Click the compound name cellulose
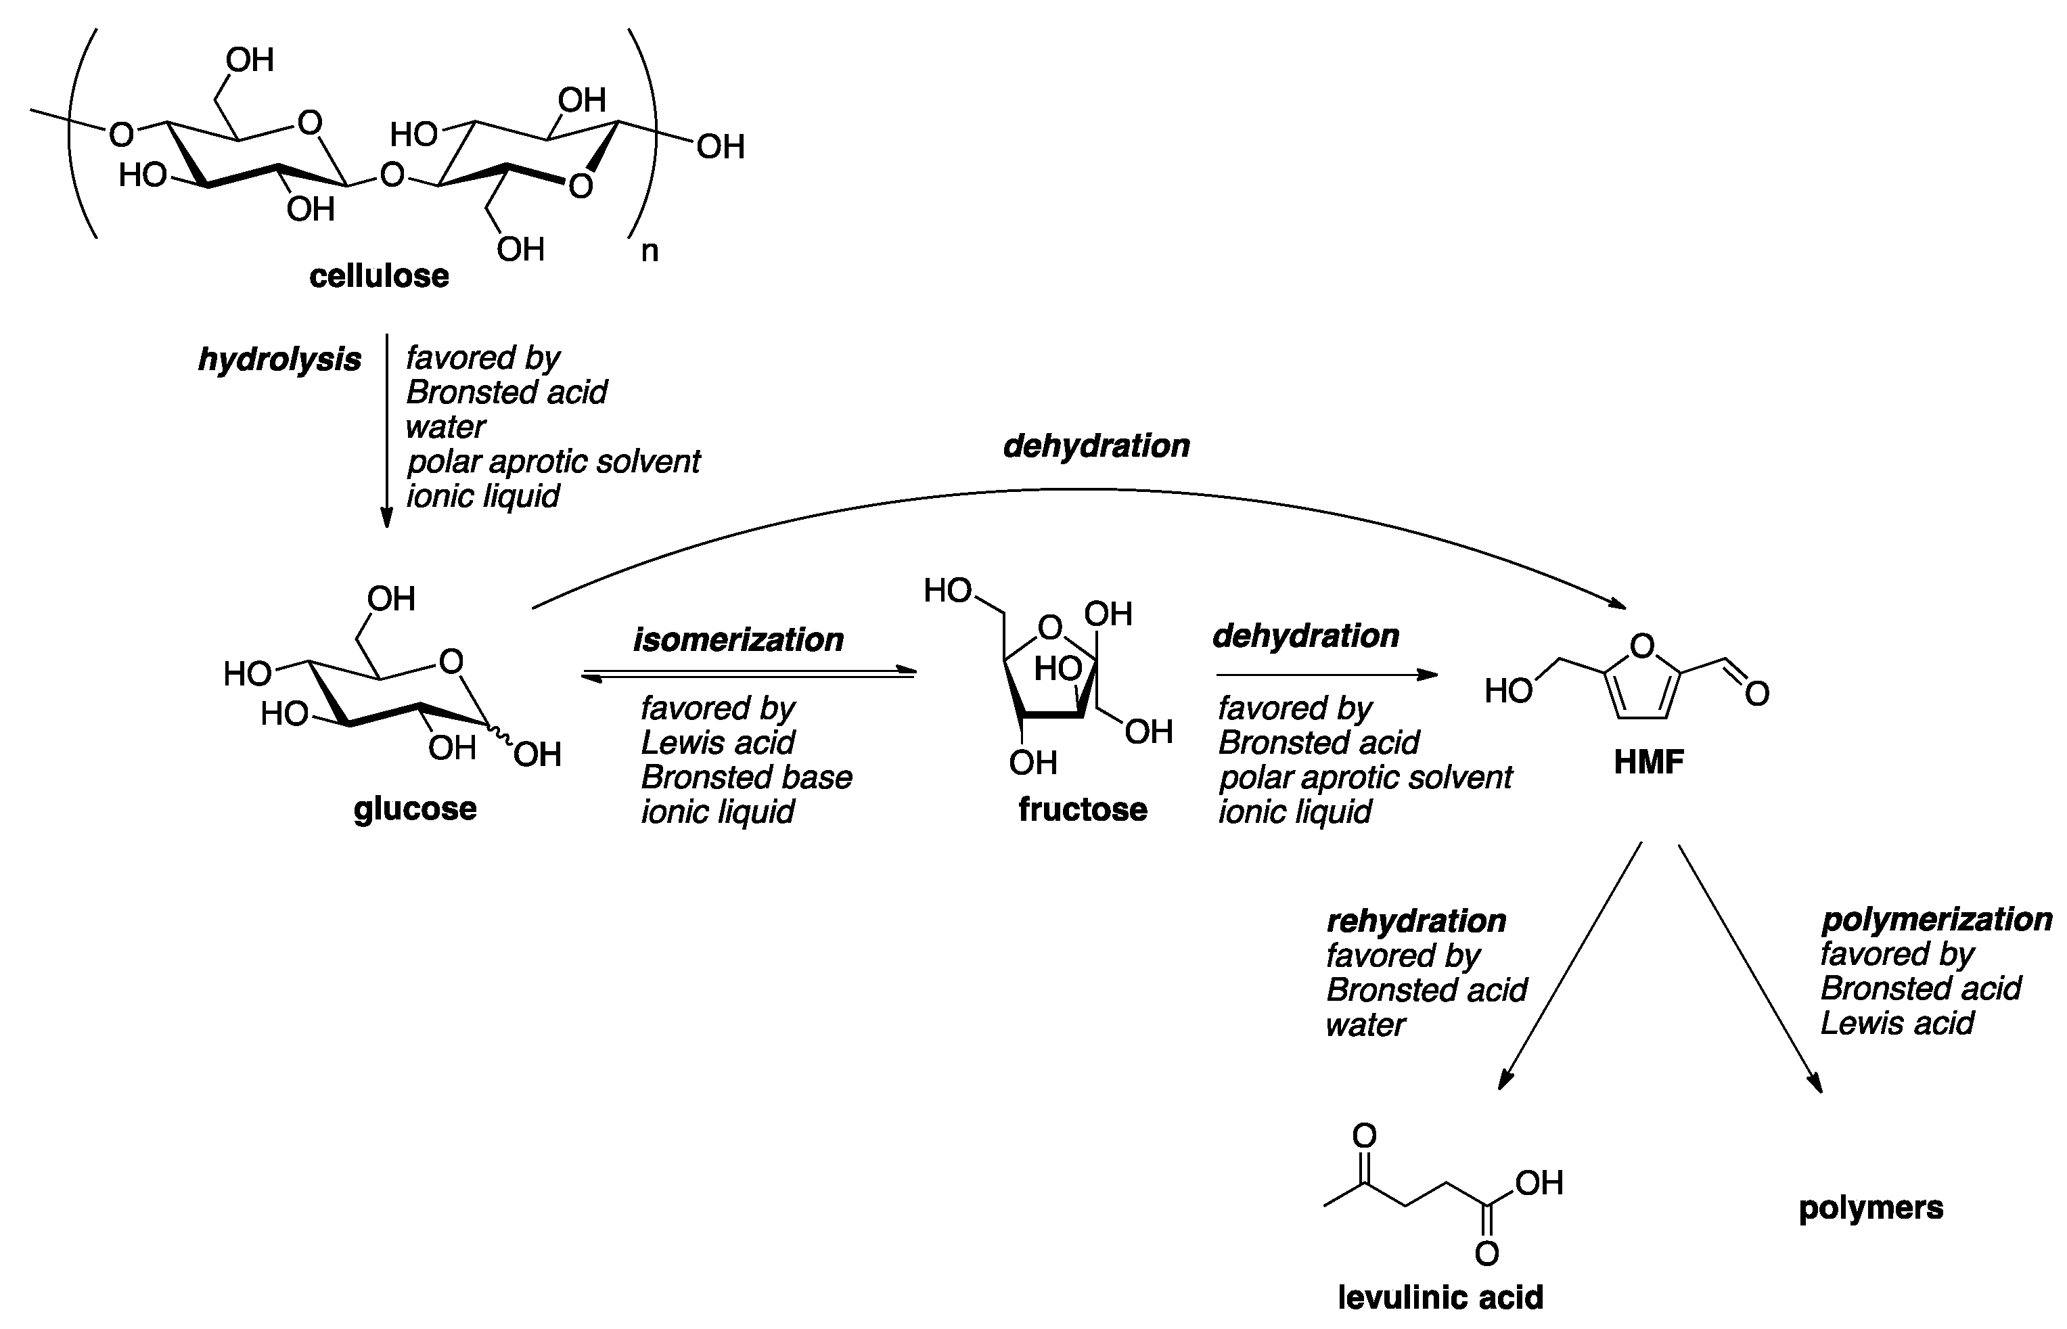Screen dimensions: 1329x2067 [x=379, y=276]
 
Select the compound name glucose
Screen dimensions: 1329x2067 [x=415, y=809]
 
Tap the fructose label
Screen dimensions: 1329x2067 [x=1083, y=809]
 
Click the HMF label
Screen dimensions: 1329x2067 [x=1649, y=762]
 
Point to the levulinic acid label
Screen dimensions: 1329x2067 [x=1440, y=1297]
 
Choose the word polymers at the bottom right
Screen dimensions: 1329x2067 [x=1870, y=1207]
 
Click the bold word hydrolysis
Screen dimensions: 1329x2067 [x=279, y=359]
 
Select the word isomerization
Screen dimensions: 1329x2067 [x=738, y=639]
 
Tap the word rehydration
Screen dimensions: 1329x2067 [x=1415, y=921]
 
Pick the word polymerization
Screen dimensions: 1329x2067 [x=1936, y=919]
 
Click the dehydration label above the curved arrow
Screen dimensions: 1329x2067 [x=1097, y=446]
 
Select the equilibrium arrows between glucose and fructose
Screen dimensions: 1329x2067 [x=748, y=674]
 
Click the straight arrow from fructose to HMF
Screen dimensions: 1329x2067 [x=1326, y=675]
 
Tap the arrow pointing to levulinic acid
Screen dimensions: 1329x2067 [x=1570, y=966]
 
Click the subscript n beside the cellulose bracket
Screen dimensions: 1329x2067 [x=649, y=251]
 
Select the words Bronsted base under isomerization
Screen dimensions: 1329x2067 [x=746, y=778]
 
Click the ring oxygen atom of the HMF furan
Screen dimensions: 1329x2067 [x=1643, y=646]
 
